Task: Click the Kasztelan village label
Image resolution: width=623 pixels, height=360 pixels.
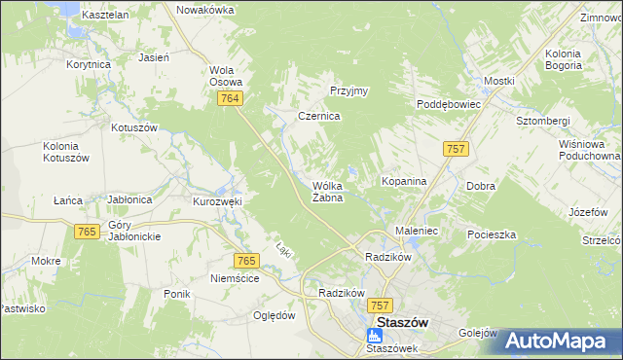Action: (x=106, y=16)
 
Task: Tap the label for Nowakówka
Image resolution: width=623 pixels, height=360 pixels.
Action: (x=205, y=10)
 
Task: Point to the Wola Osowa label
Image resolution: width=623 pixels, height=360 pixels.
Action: (x=226, y=76)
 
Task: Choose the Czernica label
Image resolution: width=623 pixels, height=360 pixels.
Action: (x=318, y=115)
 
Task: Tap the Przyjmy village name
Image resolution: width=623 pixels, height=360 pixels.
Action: (x=348, y=90)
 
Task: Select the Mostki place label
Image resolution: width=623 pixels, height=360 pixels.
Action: (x=498, y=81)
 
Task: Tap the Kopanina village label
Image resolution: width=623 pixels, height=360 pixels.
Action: (x=400, y=182)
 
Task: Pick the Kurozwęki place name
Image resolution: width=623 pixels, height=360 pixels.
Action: (x=217, y=201)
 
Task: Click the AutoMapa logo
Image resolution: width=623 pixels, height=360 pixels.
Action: (x=562, y=341)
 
